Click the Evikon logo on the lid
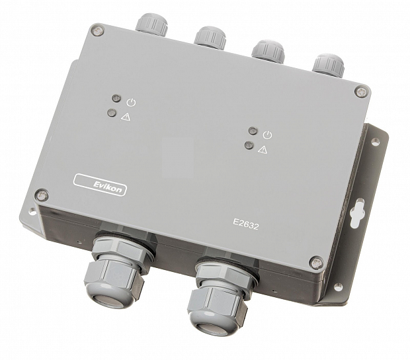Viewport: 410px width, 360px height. pyautogui.click(x=100, y=185)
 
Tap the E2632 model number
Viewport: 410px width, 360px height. pyautogui.click(x=246, y=224)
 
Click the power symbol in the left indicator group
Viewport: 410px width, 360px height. pyautogui.click(x=131, y=103)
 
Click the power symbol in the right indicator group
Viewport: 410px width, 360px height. pyautogui.click(x=268, y=135)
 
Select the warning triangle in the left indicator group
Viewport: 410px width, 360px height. pyautogui.click(x=126, y=116)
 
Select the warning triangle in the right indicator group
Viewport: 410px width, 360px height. pyautogui.click(x=263, y=150)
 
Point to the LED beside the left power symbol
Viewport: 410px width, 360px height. pyautogui.click(x=116, y=99)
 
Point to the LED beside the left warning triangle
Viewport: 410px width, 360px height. pyautogui.click(x=112, y=112)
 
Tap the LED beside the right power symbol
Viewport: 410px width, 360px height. pyautogui.click(x=253, y=130)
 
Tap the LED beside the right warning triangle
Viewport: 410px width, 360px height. pyautogui.click(x=249, y=145)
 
